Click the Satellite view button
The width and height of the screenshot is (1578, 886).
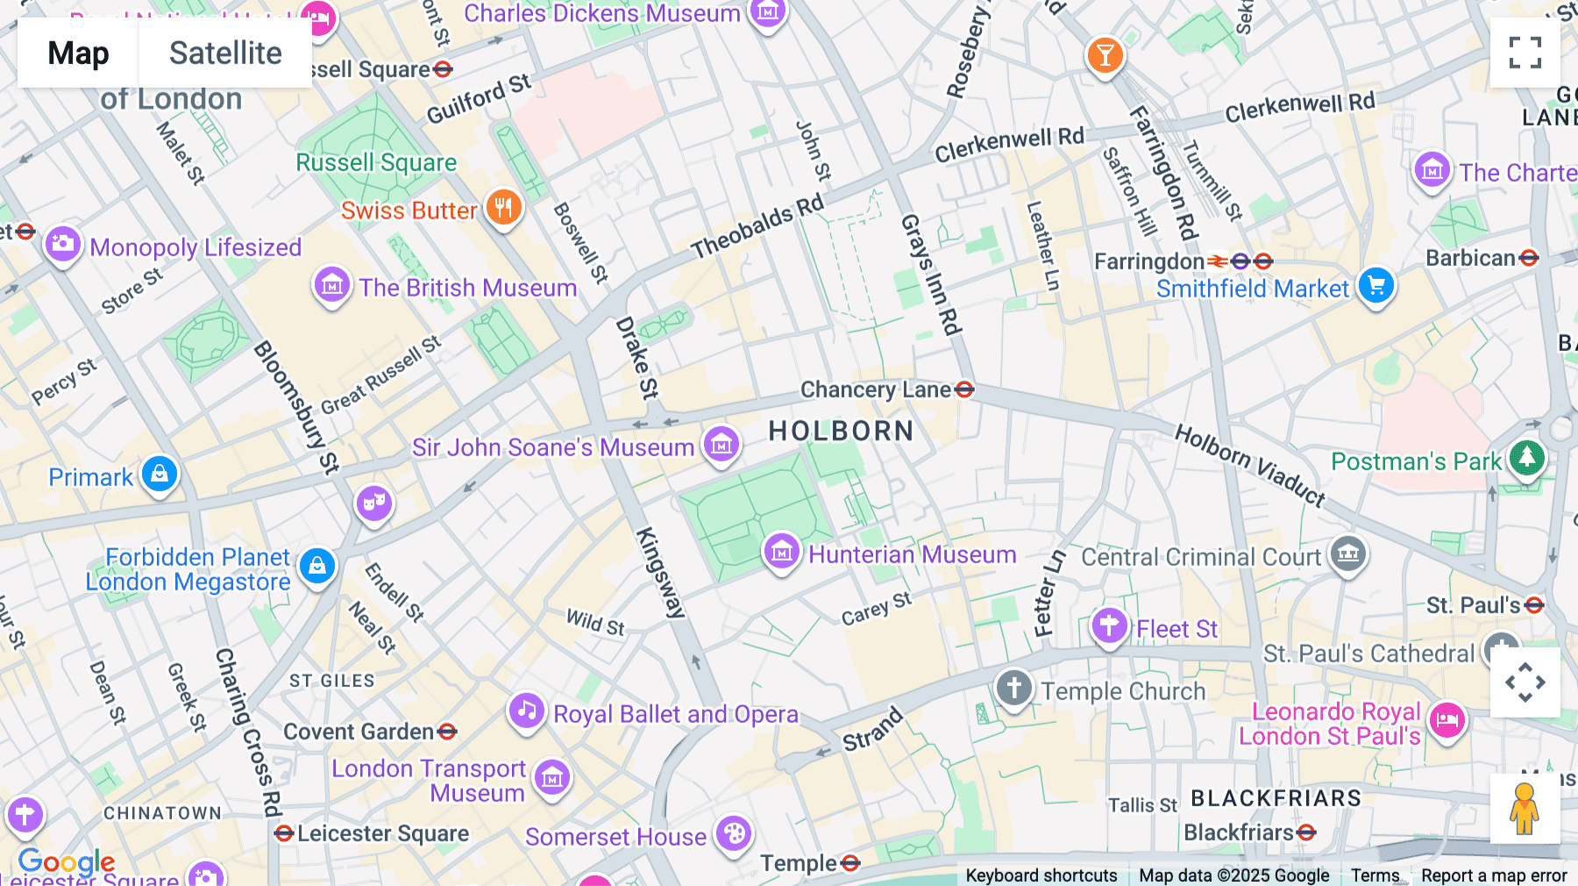pos(225,53)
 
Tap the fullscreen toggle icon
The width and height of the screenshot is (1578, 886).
pos(1525,53)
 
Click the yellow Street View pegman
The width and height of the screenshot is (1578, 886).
pos(1525,809)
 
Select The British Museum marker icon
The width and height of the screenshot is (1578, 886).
pos(331,285)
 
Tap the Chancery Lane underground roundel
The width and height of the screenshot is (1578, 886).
pos(964,389)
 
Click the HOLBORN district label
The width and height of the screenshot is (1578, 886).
pos(841,431)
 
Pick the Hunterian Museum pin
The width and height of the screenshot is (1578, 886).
pos(781,552)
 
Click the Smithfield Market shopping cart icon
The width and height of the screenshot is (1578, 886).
pos(1375,285)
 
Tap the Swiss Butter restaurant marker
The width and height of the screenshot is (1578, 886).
pos(504,208)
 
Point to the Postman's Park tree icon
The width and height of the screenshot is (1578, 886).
pos(1526,457)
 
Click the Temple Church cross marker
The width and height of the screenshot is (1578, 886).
pos(1014,688)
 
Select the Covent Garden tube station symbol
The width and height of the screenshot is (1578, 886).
pos(447,731)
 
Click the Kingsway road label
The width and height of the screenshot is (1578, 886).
pos(659,573)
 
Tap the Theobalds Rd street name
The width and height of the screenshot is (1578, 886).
pos(757,227)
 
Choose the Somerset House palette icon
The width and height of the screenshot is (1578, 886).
pos(734,833)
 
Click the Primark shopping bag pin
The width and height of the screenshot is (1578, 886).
pos(160,474)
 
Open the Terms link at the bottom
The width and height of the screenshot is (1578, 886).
pos(1375,875)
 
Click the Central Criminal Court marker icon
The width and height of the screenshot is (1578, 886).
pos(1348,553)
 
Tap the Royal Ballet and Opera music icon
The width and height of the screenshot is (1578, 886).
pos(526,711)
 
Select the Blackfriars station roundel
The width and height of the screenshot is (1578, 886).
pos(1306,832)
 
